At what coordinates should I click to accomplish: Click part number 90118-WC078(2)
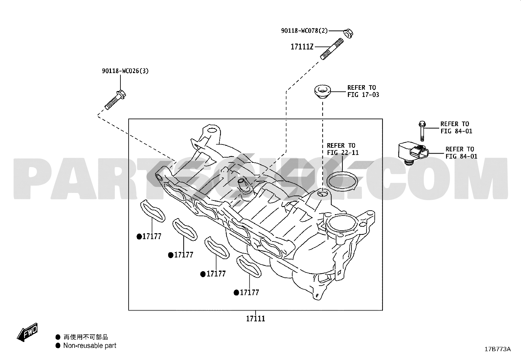coord(304,31)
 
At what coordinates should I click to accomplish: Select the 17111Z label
coord(302,47)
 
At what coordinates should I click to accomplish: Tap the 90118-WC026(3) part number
coord(125,71)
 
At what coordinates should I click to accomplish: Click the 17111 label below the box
coord(256,318)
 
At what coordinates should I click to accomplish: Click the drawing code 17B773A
coord(497,349)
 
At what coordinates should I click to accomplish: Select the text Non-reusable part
coord(90,346)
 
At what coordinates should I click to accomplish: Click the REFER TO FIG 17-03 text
coord(363,91)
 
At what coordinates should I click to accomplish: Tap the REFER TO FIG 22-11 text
coord(343,149)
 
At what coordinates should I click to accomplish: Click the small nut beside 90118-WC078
coord(348,33)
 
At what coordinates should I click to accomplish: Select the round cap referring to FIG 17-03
coord(323,91)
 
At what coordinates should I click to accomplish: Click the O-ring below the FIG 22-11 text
coord(343,182)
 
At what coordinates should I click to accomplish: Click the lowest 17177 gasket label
coord(249,293)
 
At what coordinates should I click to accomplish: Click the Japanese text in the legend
coord(85,337)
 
